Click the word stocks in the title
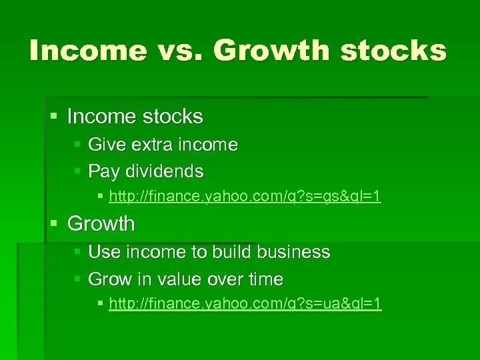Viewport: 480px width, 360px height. tap(393, 50)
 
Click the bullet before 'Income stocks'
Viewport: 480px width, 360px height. tap(55, 117)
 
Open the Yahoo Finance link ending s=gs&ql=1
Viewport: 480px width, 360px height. tap(245, 197)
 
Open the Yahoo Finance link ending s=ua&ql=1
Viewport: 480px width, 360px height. tap(245, 304)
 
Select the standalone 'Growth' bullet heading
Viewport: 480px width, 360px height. tap(101, 224)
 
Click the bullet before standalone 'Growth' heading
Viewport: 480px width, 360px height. tap(55, 224)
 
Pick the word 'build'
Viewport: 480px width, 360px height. tap(231, 252)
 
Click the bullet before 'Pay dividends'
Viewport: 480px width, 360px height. tap(77, 172)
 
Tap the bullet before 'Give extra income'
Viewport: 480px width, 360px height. tap(77, 145)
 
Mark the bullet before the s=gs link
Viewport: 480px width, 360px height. tap(100, 198)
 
